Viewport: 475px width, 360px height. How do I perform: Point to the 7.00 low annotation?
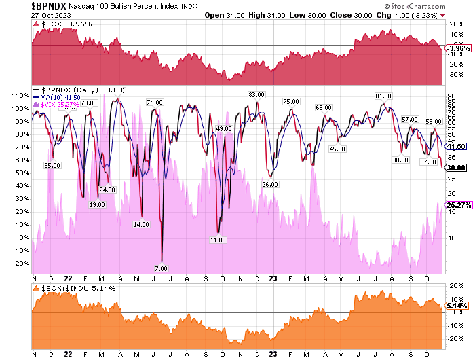[161, 268]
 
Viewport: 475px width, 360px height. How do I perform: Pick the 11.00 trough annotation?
[217, 240]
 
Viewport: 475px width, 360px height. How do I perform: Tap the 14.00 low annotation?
[141, 223]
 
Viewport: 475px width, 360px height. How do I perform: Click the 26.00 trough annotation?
[270, 184]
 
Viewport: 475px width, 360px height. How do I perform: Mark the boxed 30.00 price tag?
[454, 168]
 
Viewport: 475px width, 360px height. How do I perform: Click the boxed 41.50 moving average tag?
[454, 146]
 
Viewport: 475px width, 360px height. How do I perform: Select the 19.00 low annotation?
[97, 204]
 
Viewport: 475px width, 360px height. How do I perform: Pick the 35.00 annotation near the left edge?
[52, 165]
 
